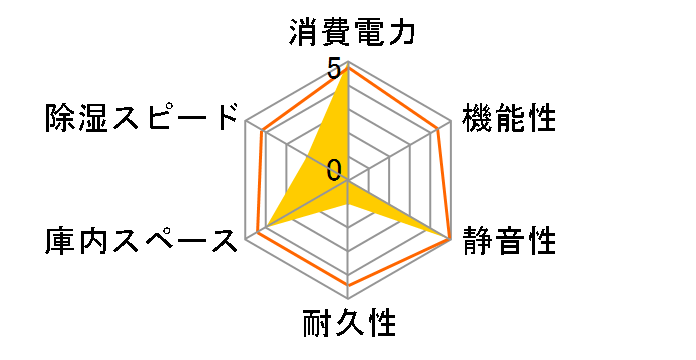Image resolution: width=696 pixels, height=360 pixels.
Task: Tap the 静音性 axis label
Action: tap(509, 241)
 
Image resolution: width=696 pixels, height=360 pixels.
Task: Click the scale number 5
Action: tap(332, 70)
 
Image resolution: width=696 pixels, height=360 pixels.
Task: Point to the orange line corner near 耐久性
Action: tap(348, 284)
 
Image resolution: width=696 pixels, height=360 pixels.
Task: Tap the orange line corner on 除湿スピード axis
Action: tap(262, 131)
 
